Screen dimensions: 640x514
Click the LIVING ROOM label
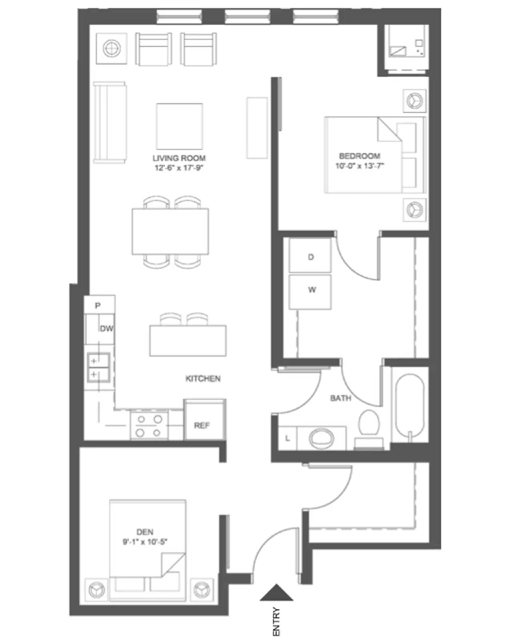(x=179, y=158)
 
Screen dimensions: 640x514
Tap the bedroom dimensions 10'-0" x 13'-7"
(x=359, y=166)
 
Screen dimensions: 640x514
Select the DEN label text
(x=145, y=532)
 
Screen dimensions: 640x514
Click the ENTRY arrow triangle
(x=276, y=593)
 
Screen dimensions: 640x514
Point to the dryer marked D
(x=310, y=256)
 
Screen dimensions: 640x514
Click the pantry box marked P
(x=98, y=305)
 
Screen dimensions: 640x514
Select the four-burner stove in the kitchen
(x=149, y=426)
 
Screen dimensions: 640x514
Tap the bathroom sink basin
(x=322, y=438)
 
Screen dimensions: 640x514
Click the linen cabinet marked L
(x=287, y=438)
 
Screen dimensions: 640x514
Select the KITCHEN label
(x=203, y=378)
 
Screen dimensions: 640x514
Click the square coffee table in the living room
(x=179, y=126)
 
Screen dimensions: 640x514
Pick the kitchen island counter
(x=188, y=340)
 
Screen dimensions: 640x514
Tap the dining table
(x=170, y=232)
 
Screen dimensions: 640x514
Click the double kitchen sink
(x=98, y=367)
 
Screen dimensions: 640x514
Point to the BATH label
(x=340, y=398)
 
